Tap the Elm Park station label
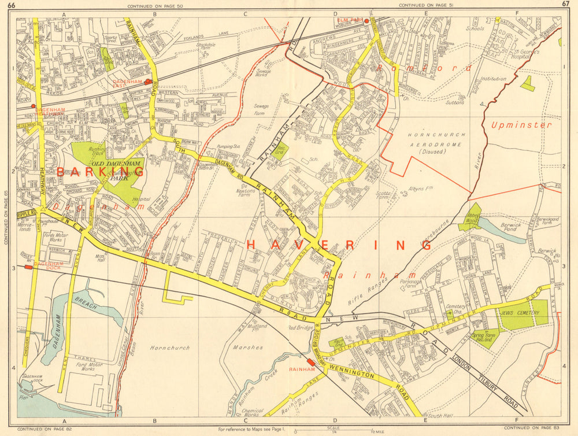click(349, 20)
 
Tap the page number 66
click(12, 5)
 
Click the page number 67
click(565, 5)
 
